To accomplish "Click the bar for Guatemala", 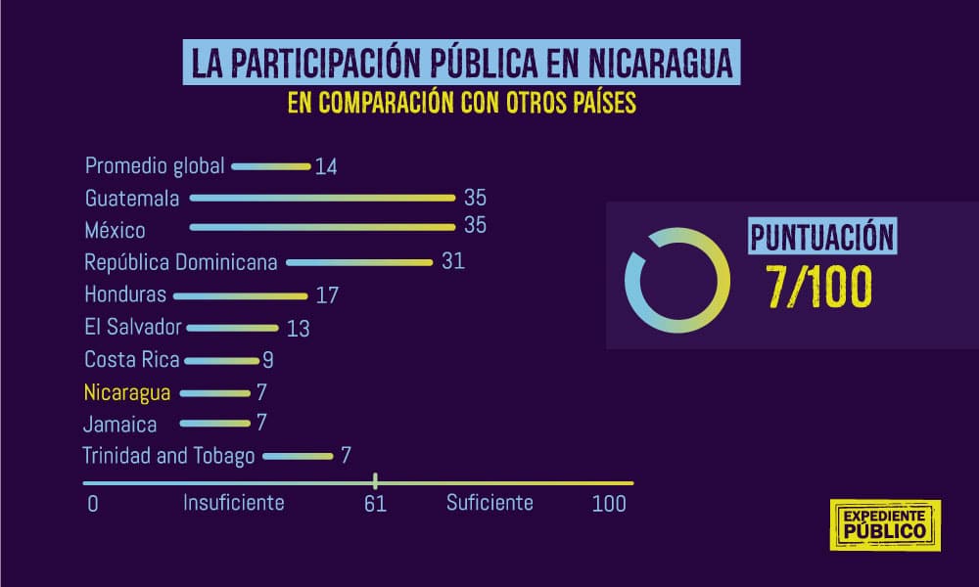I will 323,198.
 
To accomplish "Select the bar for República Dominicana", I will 359,262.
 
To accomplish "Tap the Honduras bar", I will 241,294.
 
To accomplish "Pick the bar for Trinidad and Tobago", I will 298,456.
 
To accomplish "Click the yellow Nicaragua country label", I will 128,392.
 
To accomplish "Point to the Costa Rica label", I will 132,359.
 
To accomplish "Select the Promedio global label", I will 155,165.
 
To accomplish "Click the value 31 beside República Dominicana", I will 452,262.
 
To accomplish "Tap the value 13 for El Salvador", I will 298,329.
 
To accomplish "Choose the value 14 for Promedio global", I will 326,166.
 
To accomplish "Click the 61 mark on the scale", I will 375,505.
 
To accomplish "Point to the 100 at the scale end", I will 608,505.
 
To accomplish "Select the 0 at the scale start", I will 92,505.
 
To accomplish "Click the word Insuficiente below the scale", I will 233,503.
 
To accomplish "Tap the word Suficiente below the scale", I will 489,503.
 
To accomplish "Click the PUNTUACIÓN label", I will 821,238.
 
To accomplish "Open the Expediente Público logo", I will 884,524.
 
